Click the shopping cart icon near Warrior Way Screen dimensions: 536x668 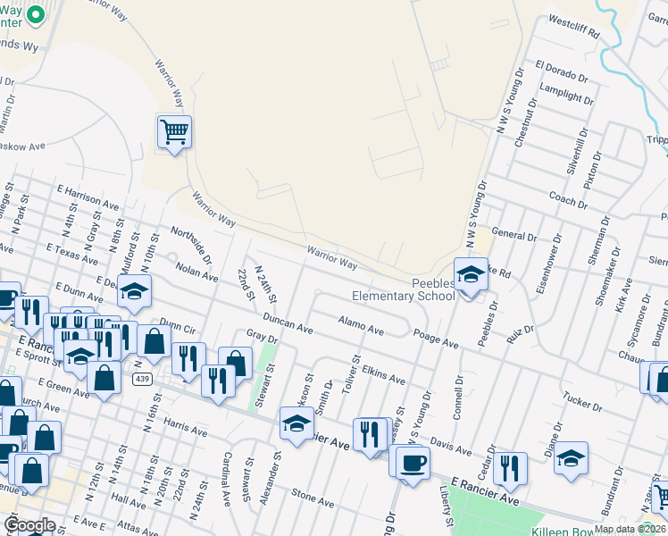(x=174, y=132)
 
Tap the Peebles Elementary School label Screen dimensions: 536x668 (x=403, y=289)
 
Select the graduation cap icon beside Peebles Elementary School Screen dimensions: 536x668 (x=470, y=276)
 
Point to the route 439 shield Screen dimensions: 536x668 (x=141, y=379)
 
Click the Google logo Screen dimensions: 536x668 (x=29, y=525)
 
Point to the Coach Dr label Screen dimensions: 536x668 (x=568, y=198)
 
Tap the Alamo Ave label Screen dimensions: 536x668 (x=361, y=325)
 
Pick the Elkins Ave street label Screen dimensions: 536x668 (x=383, y=373)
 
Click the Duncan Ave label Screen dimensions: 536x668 (x=287, y=322)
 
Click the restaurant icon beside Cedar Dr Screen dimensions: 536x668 (x=510, y=468)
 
